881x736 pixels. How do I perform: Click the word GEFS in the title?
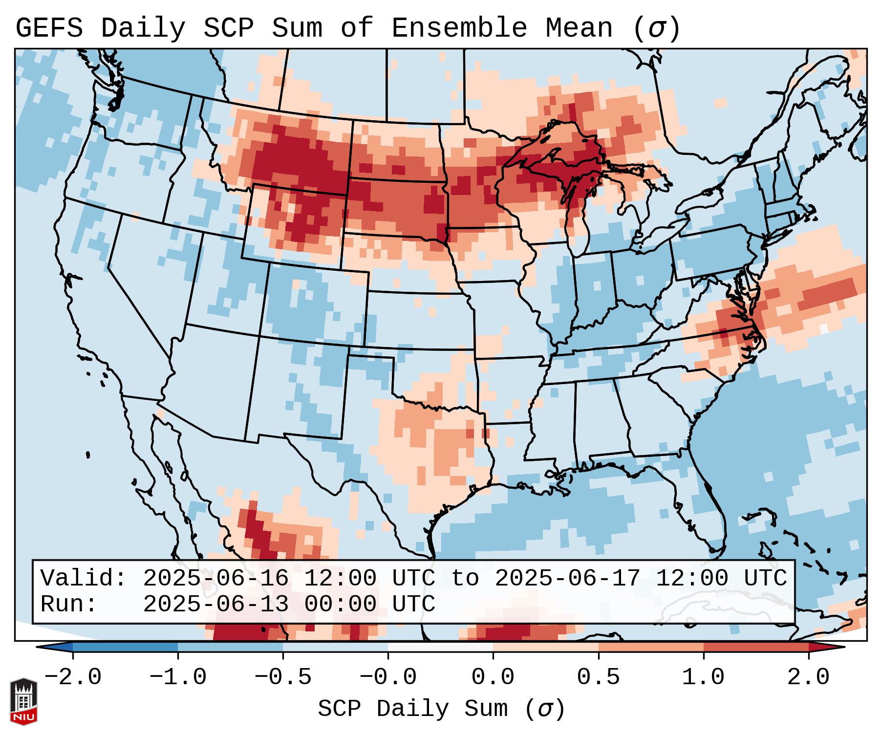(x=49, y=28)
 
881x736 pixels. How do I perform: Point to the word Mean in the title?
(x=579, y=28)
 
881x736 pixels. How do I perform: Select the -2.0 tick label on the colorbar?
(x=73, y=677)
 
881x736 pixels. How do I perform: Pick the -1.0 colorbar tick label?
(x=178, y=677)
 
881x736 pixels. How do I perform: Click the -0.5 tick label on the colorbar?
(x=283, y=677)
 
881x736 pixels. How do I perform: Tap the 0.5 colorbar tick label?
(x=598, y=677)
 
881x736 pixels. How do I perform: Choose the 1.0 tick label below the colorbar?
(x=704, y=677)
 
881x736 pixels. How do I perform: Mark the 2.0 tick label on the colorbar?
(x=809, y=677)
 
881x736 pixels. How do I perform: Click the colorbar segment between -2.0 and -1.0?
(x=125, y=647)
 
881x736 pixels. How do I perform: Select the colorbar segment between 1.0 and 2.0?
(x=756, y=647)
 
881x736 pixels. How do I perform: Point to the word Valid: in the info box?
(x=84, y=579)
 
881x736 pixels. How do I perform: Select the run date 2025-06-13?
(x=215, y=605)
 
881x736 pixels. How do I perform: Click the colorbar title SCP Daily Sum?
(x=413, y=709)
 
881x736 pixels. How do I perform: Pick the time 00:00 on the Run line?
(x=340, y=605)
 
